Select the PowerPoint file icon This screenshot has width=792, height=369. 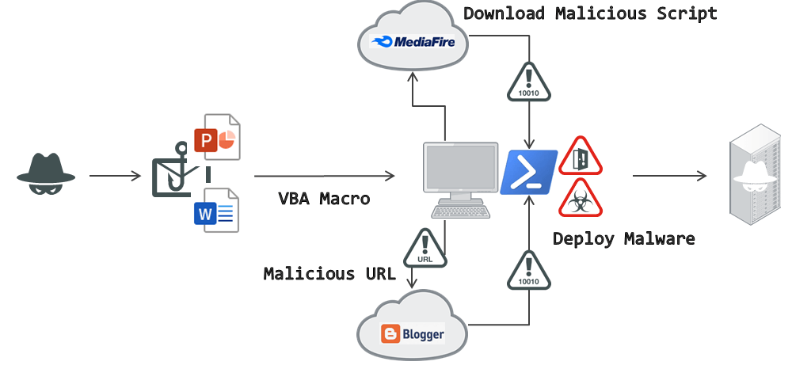coord(216,140)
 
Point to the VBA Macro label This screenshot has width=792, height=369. coord(324,199)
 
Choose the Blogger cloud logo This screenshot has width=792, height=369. coord(412,333)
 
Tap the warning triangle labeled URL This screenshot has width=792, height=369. coord(425,247)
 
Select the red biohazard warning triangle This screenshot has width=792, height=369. coord(581,199)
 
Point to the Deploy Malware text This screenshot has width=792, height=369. coord(623,238)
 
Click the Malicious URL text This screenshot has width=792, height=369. coord(329,274)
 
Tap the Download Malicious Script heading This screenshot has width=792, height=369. coord(590,13)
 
